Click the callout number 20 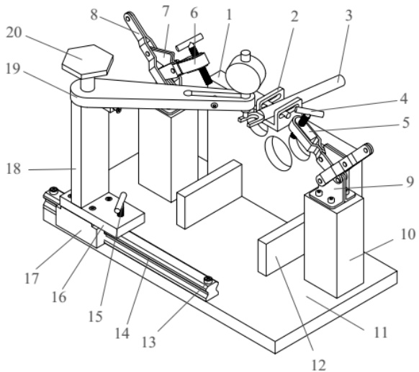pyautogui.click(x=14, y=32)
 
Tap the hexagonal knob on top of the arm pyautogui.click(x=87, y=61)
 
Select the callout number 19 pyautogui.click(x=13, y=68)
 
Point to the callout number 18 pyautogui.click(x=14, y=169)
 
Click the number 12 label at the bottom pyautogui.click(x=319, y=365)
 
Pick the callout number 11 pyautogui.click(x=380, y=332)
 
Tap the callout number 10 pyautogui.click(x=407, y=234)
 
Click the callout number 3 pyautogui.click(x=348, y=16)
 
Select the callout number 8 pyautogui.click(x=94, y=15)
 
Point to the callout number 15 pyautogui.click(x=96, y=316)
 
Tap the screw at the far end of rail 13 pyautogui.click(x=207, y=280)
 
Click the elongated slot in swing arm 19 pyautogui.click(x=214, y=92)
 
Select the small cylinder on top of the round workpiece pyautogui.click(x=245, y=56)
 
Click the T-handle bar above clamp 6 pyautogui.click(x=189, y=42)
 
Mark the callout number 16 pyautogui.click(x=59, y=297)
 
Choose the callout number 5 pyautogui.click(x=406, y=123)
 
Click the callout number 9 pyautogui.click(x=410, y=182)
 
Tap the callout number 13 pyautogui.click(x=148, y=342)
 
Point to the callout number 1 pyautogui.click(x=229, y=15)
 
